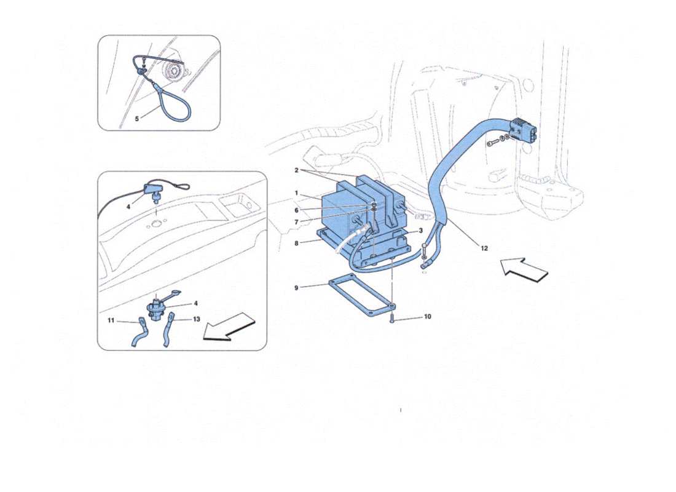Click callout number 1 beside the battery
pyautogui.click(x=296, y=193)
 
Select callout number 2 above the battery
pyautogui.click(x=296, y=170)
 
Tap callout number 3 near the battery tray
pyautogui.click(x=420, y=231)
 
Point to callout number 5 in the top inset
pyautogui.click(x=137, y=119)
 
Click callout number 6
pyautogui.click(x=296, y=210)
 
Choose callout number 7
pyautogui.click(x=296, y=221)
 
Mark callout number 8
pyautogui.click(x=296, y=243)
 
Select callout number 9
pyautogui.click(x=296, y=287)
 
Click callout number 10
pyautogui.click(x=427, y=317)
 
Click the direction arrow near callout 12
pyautogui.click(x=524, y=270)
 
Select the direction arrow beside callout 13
pyautogui.click(x=228, y=325)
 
